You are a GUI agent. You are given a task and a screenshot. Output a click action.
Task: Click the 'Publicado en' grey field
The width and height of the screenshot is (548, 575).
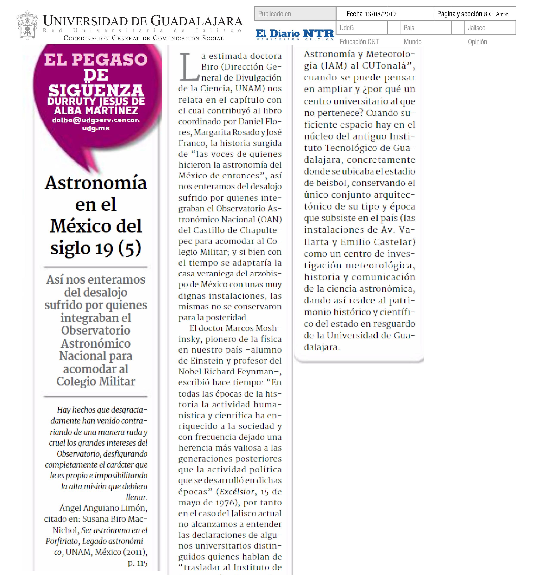tap(295, 14)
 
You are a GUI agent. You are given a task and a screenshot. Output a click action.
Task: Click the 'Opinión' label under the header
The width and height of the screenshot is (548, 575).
tap(477, 42)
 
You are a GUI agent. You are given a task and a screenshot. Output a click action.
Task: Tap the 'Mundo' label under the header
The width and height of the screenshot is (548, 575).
tap(413, 42)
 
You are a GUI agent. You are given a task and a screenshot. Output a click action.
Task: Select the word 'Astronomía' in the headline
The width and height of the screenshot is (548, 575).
tap(96, 183)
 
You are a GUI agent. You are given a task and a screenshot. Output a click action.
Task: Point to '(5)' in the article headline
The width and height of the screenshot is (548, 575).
tap(130, 248)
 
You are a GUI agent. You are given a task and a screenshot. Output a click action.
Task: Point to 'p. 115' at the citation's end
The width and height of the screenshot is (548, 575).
tap(138, 563)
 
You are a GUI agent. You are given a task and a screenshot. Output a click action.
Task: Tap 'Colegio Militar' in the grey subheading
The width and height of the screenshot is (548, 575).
tap(96, 381)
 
